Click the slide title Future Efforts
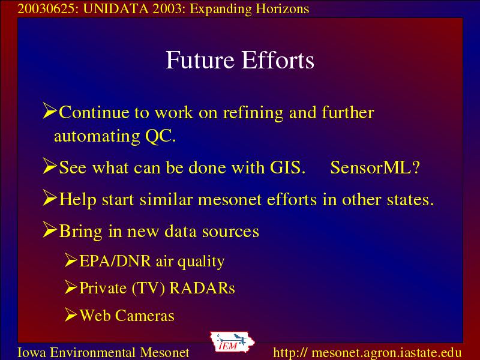point(239,60)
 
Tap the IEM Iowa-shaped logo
point(232,342)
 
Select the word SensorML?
point(375,167)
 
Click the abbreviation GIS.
point(287,167)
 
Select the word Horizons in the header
point(283,8)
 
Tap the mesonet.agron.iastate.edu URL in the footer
point(367,352)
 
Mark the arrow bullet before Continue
point(50,110)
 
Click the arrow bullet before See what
point(50,166)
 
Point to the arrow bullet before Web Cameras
point(71,314)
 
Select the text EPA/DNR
point(115,261)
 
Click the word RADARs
point(202,288)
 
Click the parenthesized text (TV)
point(148,289)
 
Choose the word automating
point(97,137)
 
